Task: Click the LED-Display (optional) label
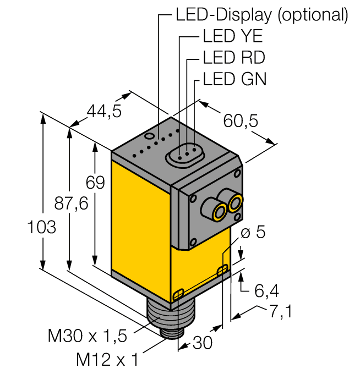coord(261,14)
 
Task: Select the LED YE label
coord(232,37)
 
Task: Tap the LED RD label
coord(234,58)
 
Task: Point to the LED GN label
coord(234,79)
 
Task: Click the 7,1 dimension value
coord(280,311)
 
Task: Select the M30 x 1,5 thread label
coord(87,334)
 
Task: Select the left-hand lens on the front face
coord(219,211)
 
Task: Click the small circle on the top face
coord(149,135)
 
